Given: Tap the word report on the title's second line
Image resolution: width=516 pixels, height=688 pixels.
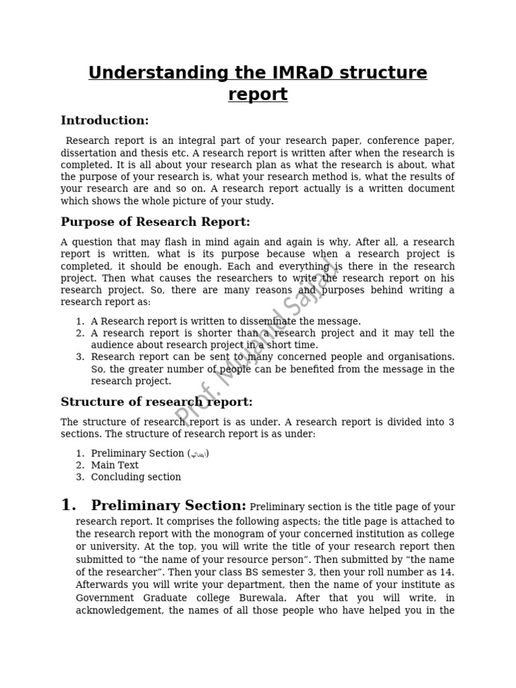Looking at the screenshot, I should pyautogui.click(x=258, y=95).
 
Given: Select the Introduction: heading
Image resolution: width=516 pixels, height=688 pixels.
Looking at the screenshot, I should pyautogui.click(x=105, y=121).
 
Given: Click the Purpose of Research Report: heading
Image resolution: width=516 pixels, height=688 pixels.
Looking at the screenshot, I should pyautogui.click(x=155, y=222).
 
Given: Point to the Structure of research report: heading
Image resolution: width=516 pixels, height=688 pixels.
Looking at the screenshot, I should pyautogui.click(x=157, y=402).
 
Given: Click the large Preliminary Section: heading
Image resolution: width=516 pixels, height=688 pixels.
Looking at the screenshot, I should pyautogui.click(x=169, y=506).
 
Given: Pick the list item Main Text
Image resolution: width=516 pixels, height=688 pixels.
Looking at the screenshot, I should pyautogui.click(x=115, y=465).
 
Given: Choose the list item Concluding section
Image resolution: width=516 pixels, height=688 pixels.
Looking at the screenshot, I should pyautogui.click(x=136, y=477).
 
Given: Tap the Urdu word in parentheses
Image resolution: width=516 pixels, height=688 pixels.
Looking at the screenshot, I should pyautogui.click(x=198, y=454).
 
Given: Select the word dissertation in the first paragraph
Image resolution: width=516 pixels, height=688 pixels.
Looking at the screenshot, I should pyautogui.click(x=89, y=153).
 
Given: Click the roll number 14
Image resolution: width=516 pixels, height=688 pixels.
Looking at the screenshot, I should pyautogui.click(x=448, y=572).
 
